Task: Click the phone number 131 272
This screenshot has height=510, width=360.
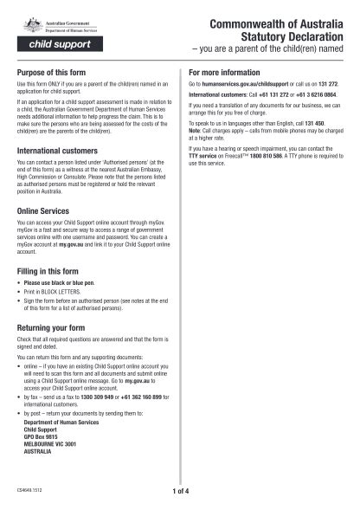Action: coord(327,85)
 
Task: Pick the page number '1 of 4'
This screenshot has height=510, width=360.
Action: coord(180,494)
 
